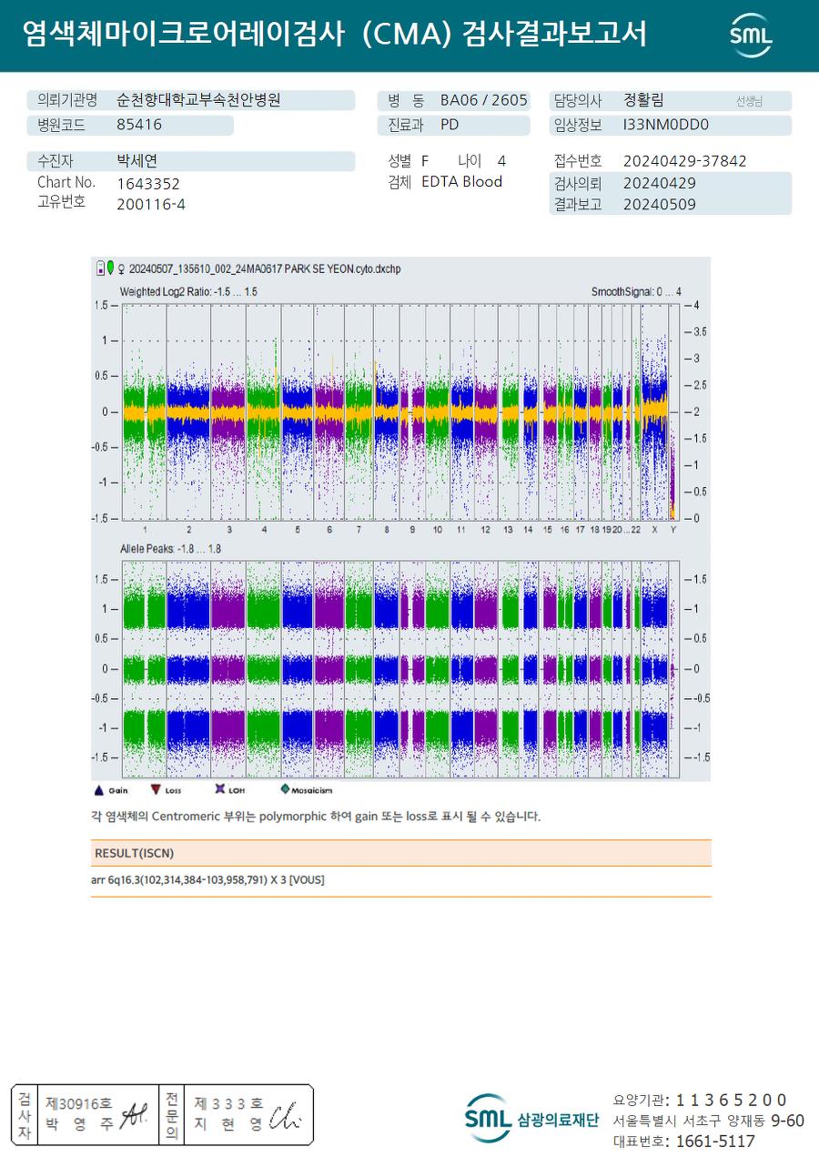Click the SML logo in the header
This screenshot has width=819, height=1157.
coord(751,35)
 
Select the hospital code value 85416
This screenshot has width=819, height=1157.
coord(139,125)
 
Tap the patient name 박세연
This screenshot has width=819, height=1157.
coord(137,161)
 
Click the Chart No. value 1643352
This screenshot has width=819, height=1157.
coord(148,183)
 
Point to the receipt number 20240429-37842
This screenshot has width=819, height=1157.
coord(684,161)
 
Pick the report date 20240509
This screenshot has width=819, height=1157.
coord(659,204)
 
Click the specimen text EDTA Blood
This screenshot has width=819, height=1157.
coord(461,182)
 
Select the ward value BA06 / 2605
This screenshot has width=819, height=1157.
coord(483,100)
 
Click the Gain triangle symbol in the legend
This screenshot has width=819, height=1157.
coord(99,790)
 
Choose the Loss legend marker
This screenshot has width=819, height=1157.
coord(156,790)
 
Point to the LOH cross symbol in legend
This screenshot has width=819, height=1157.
coord(219,790)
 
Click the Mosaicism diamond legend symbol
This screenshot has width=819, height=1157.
coord(285,790)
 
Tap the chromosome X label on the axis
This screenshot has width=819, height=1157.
coord(653,529)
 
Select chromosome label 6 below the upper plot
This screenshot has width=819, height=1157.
coord(329,529)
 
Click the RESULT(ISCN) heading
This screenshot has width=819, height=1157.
coord(134,853)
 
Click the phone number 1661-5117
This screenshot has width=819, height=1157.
coord(709,1141)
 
